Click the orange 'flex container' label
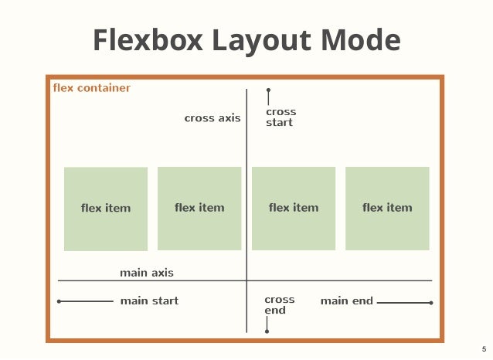(x=91, y=88)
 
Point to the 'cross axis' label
(x=212, y=118)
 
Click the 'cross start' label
(x=280, y=117)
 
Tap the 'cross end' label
(x=279, y=305)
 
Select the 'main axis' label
(x=147, y=273)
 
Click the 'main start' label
(x=149, y=301)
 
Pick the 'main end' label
(x=347, y=301)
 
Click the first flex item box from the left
(x=106, y=209)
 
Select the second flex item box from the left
(x=199, y=209)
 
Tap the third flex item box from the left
(x=294, y=209)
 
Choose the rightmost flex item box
(x=387, y=209)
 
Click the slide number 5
(x=484, y=349)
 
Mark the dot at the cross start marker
(x=268, y=90)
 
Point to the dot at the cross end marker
(x=267, y=331)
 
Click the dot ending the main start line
(x=59, y=302)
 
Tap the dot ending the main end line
(x=431, y=303)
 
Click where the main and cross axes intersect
(x=246, y=280)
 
